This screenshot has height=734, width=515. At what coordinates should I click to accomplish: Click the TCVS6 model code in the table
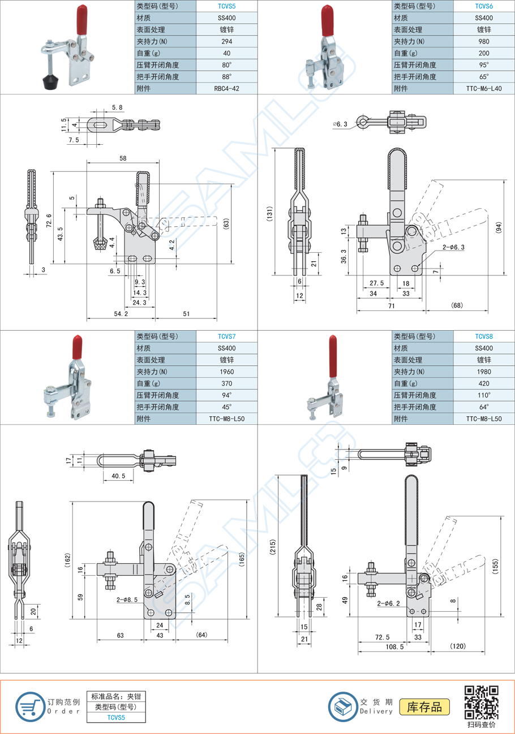[x=484, y=6]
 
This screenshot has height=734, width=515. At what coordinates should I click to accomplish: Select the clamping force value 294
[x=226, y=41]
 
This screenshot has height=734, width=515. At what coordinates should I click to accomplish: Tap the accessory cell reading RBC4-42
[x=226, y=88]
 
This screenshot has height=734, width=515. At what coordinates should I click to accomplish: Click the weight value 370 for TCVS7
[x=226, y=383]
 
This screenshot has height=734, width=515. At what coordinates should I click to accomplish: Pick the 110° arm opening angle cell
[x=484, y=395]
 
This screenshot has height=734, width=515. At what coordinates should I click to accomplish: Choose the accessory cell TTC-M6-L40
[x=484, y=88]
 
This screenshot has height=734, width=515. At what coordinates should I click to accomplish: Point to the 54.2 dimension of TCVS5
[x=121, y=313]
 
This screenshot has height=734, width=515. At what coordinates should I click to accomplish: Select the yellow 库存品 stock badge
[x=424, y=707]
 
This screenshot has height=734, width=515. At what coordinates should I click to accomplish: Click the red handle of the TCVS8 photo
[x=333, y=356]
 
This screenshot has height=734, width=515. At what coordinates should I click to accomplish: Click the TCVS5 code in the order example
[x=116, y=718]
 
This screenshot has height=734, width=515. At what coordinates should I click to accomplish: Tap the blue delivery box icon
[x=344, y=706]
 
